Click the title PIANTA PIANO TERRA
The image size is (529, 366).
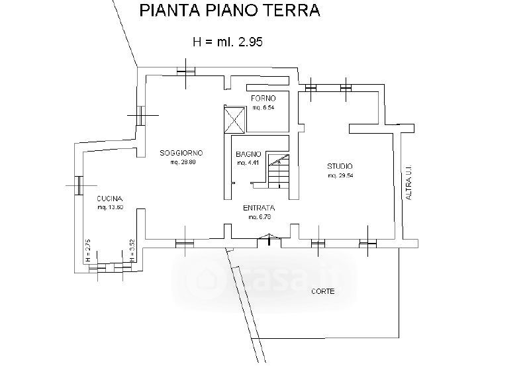[228, 11]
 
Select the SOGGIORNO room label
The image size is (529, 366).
[181, 154]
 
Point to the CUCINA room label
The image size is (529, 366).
[110, 199]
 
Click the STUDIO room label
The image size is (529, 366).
[340, 166]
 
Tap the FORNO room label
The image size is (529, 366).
[263, 98]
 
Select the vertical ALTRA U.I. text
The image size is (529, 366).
[409, 183]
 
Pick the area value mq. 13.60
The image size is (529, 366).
[111, 208]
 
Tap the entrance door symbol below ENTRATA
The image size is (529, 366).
[269, 238]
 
